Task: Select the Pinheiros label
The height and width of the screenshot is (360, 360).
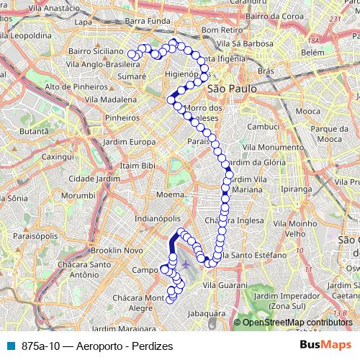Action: click(x=122, y=117)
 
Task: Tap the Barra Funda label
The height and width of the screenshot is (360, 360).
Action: click(x=145, y=22)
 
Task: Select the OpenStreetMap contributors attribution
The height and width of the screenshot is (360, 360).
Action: click(x=297, y=323)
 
